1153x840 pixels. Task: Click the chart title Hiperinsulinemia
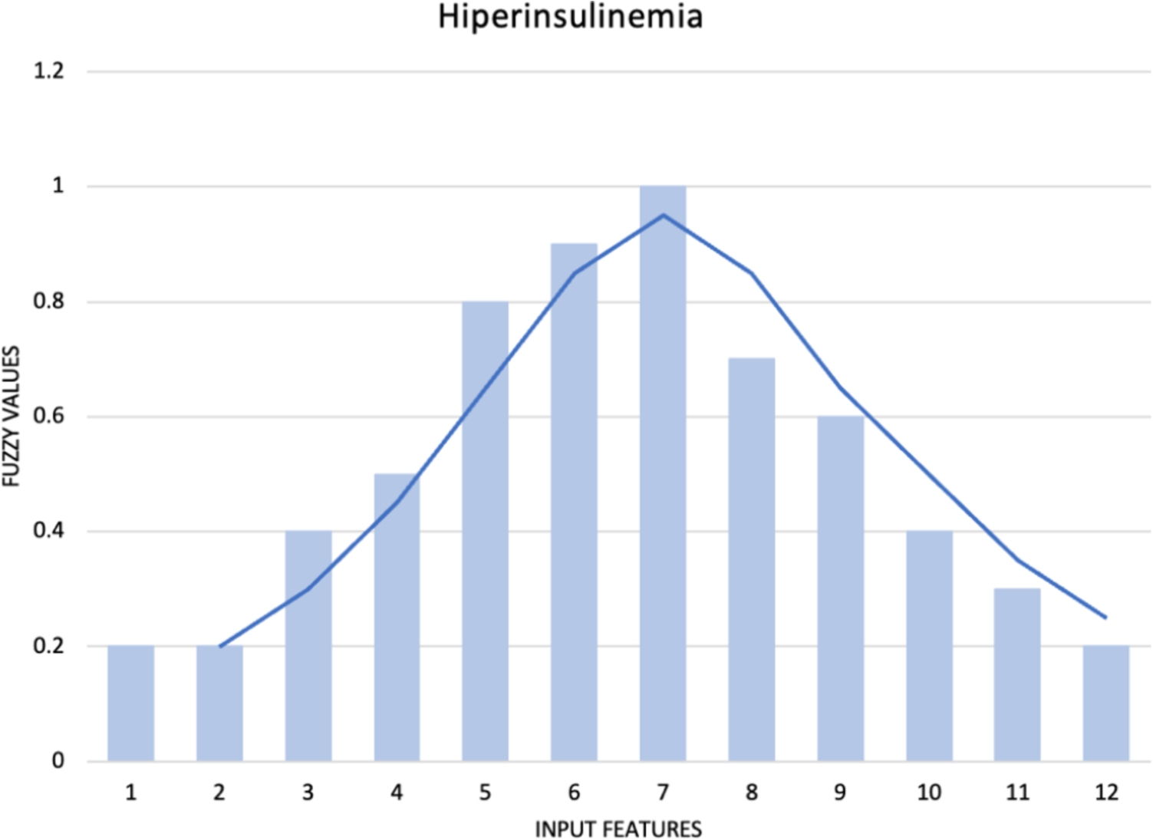[570, 17]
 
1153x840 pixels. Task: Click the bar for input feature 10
[929, 646]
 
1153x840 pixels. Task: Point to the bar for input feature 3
[308, 646]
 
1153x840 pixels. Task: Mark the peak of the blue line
[663, 215]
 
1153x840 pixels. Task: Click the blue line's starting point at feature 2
[220, 646]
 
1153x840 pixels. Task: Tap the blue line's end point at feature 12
[1105, 617]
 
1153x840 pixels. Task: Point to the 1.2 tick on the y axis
[49, 71]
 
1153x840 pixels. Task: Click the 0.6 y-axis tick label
[49, 417]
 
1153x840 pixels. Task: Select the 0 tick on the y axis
[58, 761]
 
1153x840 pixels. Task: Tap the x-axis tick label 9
[840, 792]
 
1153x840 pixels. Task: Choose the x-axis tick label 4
[397, 792]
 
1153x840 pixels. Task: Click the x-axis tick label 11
[1017, 792]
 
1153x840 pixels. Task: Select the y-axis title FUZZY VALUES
[11, 416]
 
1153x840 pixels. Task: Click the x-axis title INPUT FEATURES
[618, 829]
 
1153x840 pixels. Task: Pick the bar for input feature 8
[752, 560]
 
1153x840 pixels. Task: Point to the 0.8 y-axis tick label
[49, 301]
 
